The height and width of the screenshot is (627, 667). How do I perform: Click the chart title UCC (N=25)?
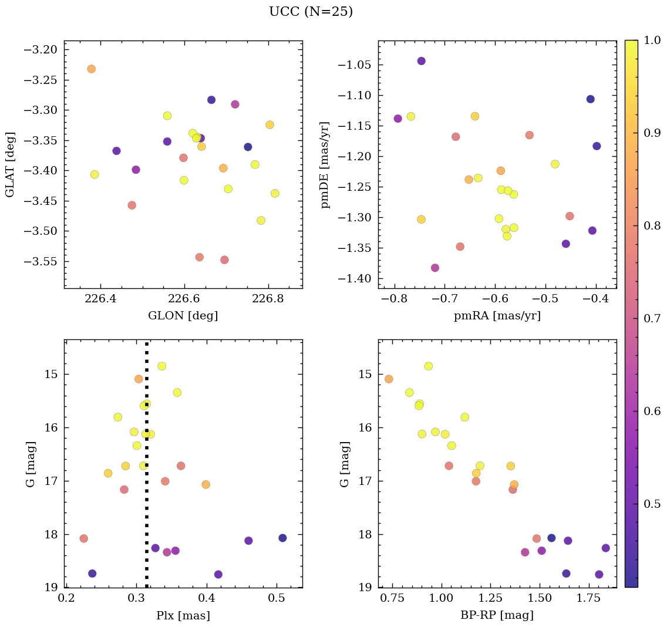point(311,12)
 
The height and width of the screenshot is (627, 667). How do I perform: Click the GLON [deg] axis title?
point(183,316)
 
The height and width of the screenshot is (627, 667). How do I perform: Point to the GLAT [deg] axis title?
point(10,164)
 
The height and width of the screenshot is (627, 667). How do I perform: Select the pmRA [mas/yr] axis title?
point(497,316)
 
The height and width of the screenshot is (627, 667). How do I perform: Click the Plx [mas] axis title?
point(183,616)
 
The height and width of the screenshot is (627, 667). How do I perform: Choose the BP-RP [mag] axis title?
point(497,616)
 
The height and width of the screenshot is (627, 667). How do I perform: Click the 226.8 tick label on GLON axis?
point(268,299)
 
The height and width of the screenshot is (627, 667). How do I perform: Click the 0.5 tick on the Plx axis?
point(277,599)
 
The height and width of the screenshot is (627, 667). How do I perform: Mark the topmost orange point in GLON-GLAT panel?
point(91,69)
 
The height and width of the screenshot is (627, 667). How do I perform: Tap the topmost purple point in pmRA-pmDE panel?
point(421,61)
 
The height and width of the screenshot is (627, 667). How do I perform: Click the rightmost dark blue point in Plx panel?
point(282,538)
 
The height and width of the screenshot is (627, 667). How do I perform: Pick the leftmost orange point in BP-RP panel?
point(389,379)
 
